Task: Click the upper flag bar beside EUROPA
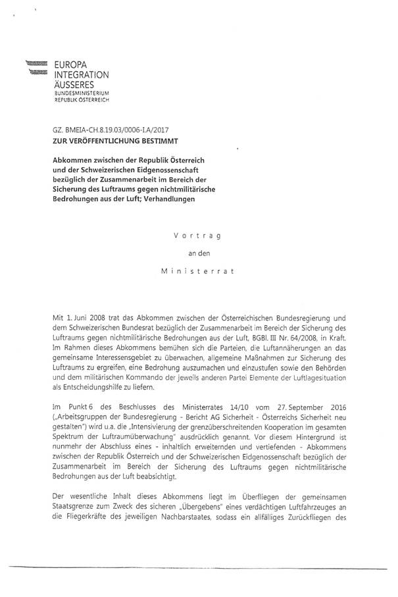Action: click(x=37, y=63)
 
